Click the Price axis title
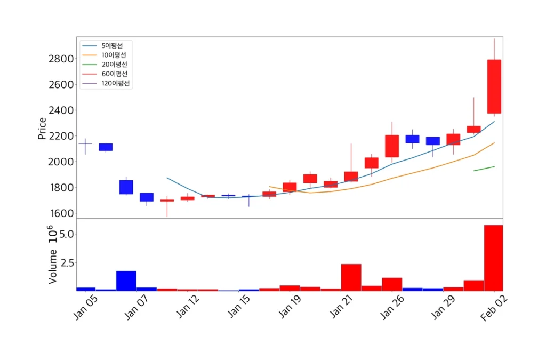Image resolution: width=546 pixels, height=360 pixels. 42,128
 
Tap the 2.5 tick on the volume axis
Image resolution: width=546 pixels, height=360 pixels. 65,263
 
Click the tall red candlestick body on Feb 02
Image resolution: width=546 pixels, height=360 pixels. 494,86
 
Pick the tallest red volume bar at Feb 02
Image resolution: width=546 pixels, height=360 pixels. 494,258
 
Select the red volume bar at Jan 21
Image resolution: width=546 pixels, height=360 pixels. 351,277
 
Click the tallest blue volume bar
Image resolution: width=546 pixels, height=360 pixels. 126,281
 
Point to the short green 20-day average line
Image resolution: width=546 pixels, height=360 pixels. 484,169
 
